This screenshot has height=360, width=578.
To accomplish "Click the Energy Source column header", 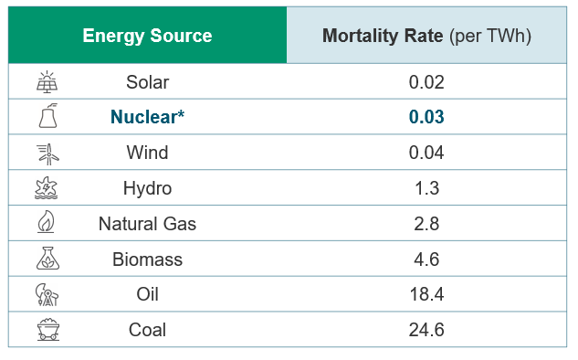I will pos(147,37).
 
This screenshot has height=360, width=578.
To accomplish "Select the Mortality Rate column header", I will pos(426,37).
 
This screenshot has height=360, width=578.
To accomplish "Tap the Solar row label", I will pos(147,82).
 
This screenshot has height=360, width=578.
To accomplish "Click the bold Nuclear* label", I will pos(147,117).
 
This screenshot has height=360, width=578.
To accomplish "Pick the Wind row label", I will pos(147,153).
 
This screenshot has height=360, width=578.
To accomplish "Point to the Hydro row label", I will pos(147,188).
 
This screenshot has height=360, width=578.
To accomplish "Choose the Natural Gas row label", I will pos(147,224).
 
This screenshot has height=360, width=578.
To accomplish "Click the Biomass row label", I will pos(147,259).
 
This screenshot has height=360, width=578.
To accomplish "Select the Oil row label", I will pos(147,294).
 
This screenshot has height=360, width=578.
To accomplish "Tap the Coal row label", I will pos(147,330).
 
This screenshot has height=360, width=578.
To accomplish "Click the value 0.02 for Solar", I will pos(426,82).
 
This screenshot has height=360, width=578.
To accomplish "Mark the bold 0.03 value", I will pos(426,117).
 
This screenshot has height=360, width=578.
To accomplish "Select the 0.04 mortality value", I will pos(426,153).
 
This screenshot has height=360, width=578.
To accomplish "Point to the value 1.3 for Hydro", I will pos(426,188).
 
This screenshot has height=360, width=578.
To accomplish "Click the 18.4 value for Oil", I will pos(426,294).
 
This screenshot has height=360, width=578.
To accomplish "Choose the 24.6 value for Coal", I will pos(426,330).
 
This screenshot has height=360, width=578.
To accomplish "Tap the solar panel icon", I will pos(46,82).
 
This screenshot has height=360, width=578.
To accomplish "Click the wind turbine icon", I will pos(46,153).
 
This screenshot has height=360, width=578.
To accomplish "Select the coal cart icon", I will pos(46,330).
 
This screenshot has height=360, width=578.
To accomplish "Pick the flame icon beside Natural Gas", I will pos(45,224).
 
